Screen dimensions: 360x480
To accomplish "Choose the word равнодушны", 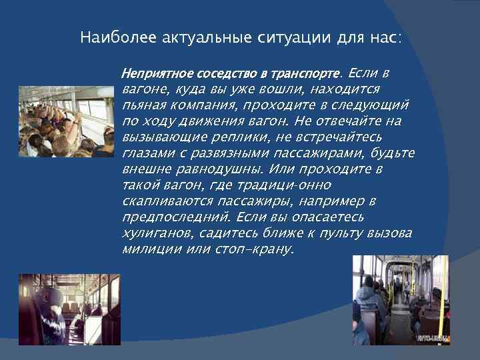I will point(209,169).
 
